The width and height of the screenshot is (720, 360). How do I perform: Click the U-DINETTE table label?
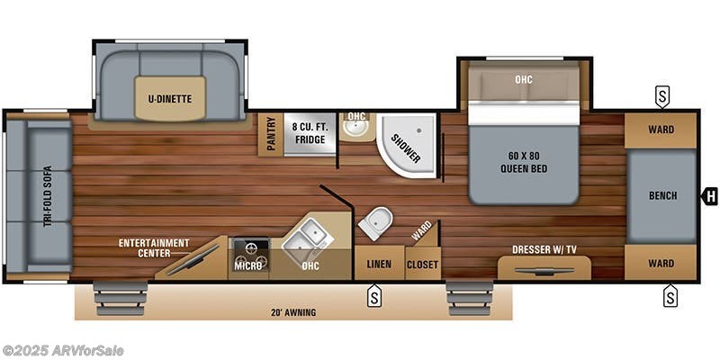170,99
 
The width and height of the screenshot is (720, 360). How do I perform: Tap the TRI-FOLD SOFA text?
48,196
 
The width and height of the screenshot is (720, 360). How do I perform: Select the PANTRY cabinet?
271,133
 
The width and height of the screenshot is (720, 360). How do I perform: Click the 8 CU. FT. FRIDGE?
310,133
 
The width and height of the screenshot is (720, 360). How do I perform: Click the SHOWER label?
407,148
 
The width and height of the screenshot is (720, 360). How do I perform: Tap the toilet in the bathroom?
375,222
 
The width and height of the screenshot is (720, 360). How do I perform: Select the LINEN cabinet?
379,263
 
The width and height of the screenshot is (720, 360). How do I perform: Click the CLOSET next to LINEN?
423,264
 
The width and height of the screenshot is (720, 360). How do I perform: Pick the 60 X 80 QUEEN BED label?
524,163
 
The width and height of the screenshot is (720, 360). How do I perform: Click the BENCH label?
662,195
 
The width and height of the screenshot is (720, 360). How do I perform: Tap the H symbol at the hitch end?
710,197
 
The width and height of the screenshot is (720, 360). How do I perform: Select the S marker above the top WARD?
661,97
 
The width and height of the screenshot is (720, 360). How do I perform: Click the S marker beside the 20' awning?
374,295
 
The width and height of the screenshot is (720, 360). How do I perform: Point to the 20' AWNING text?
293,312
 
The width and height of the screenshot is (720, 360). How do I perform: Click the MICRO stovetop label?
245,265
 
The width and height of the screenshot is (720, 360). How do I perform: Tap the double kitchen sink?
304,237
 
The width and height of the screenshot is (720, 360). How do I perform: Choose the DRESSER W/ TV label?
544,250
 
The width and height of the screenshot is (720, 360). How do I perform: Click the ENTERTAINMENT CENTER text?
154,247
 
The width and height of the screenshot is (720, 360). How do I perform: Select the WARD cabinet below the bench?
661,263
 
